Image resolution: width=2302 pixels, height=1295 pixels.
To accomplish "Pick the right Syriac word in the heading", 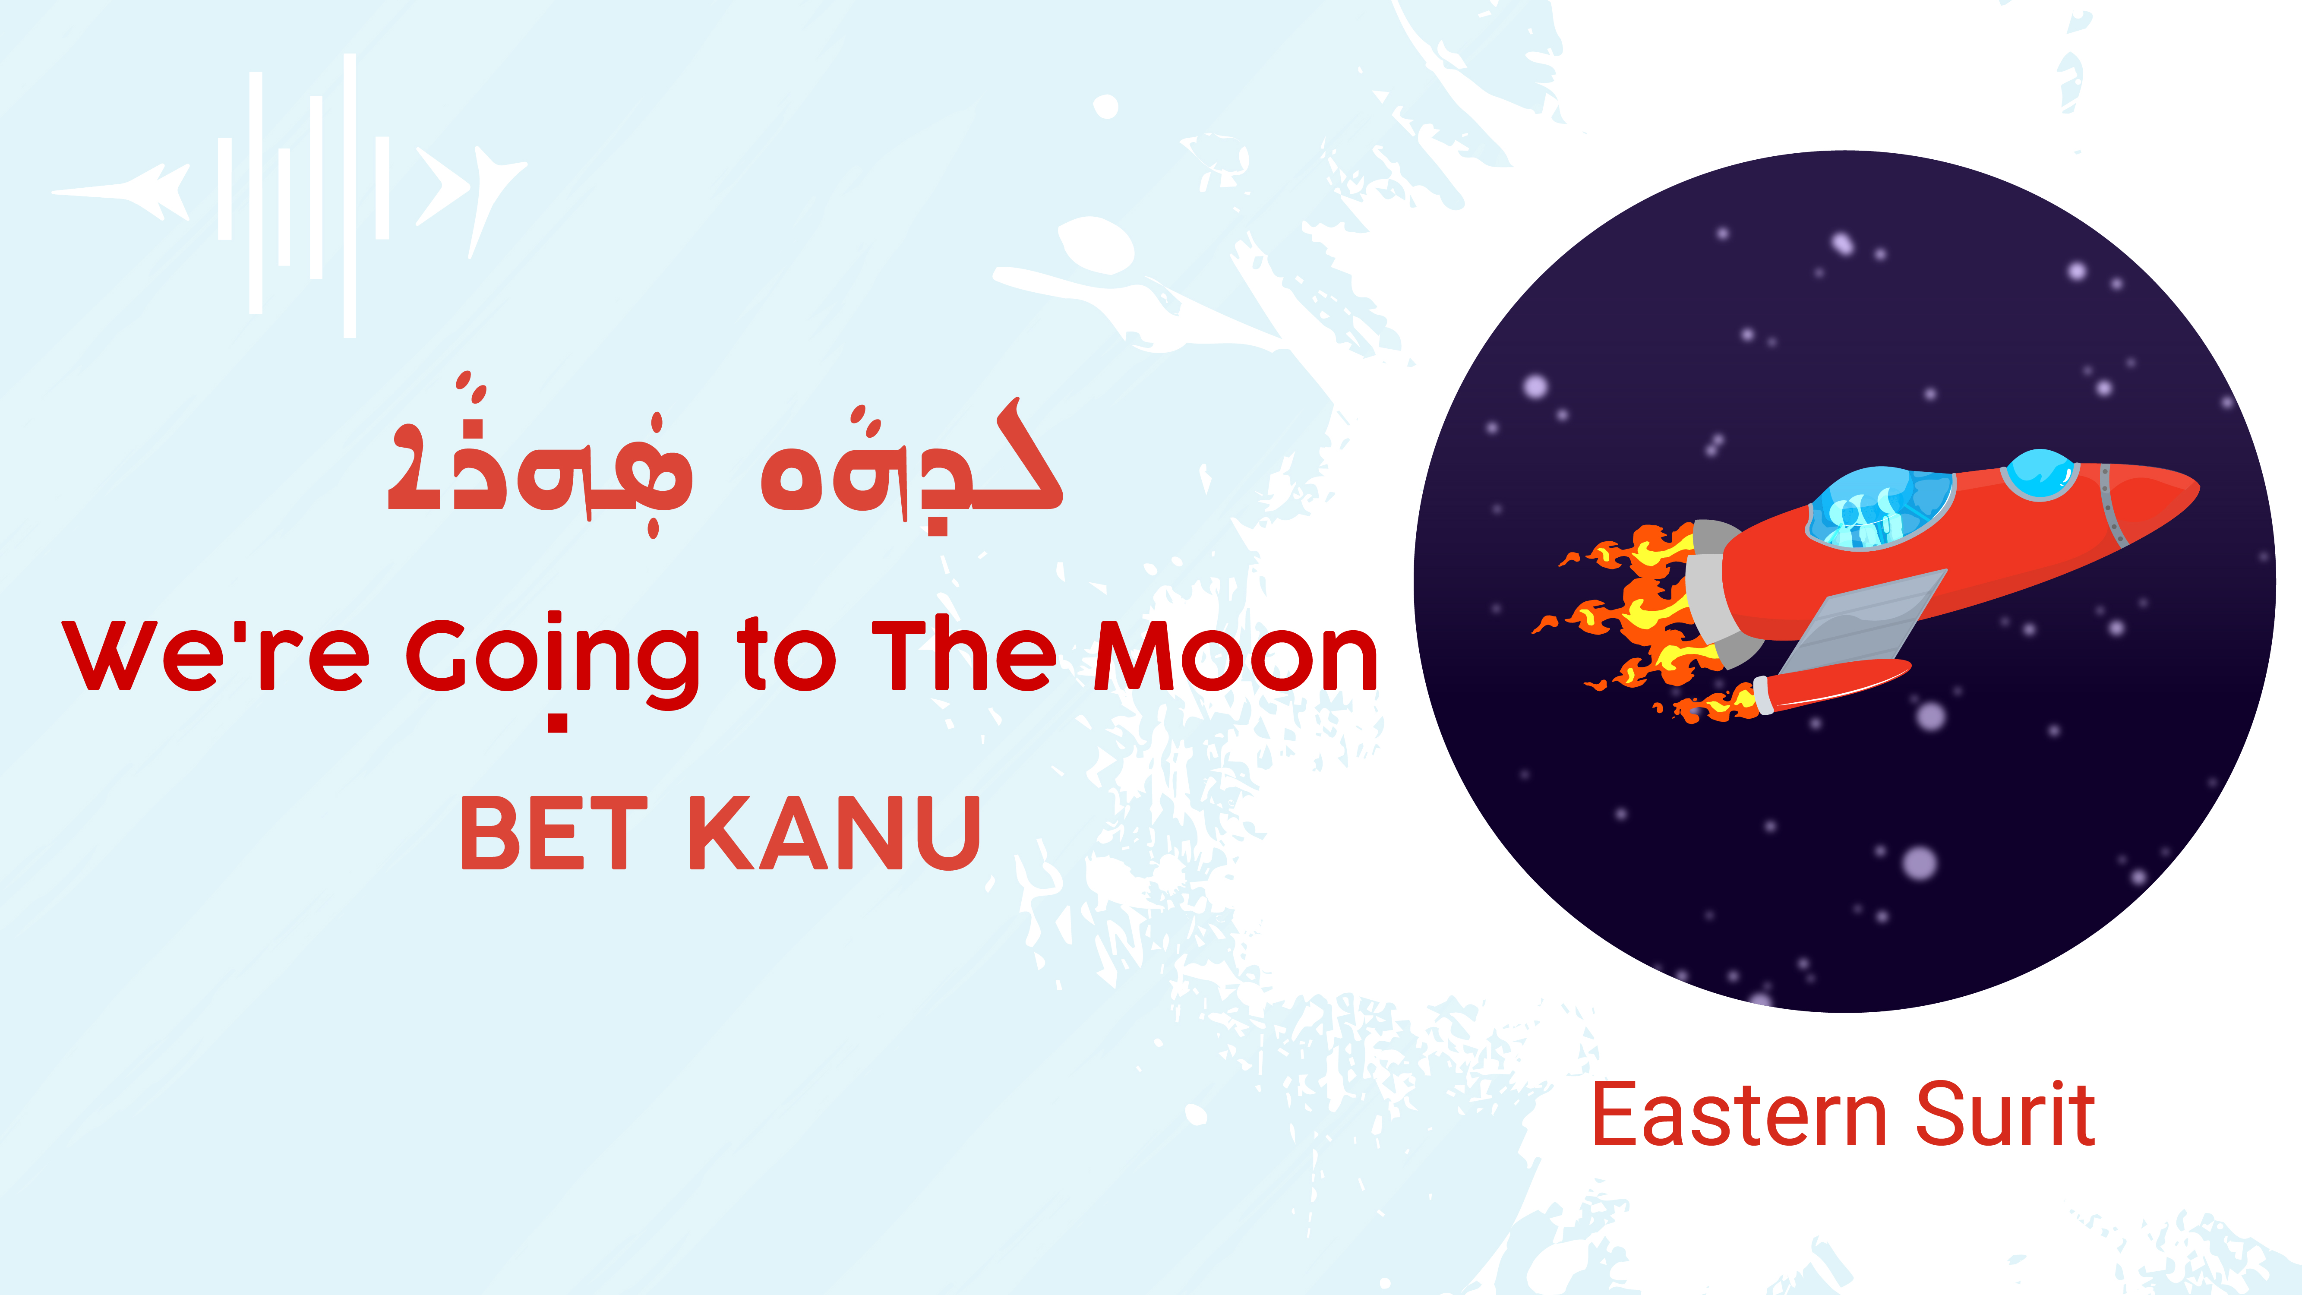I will click(x=912, y=465).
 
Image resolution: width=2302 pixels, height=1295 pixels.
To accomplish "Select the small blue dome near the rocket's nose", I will click(x=2039, y=474).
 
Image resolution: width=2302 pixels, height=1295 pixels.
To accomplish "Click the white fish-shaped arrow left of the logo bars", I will click(x=125, y=190).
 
